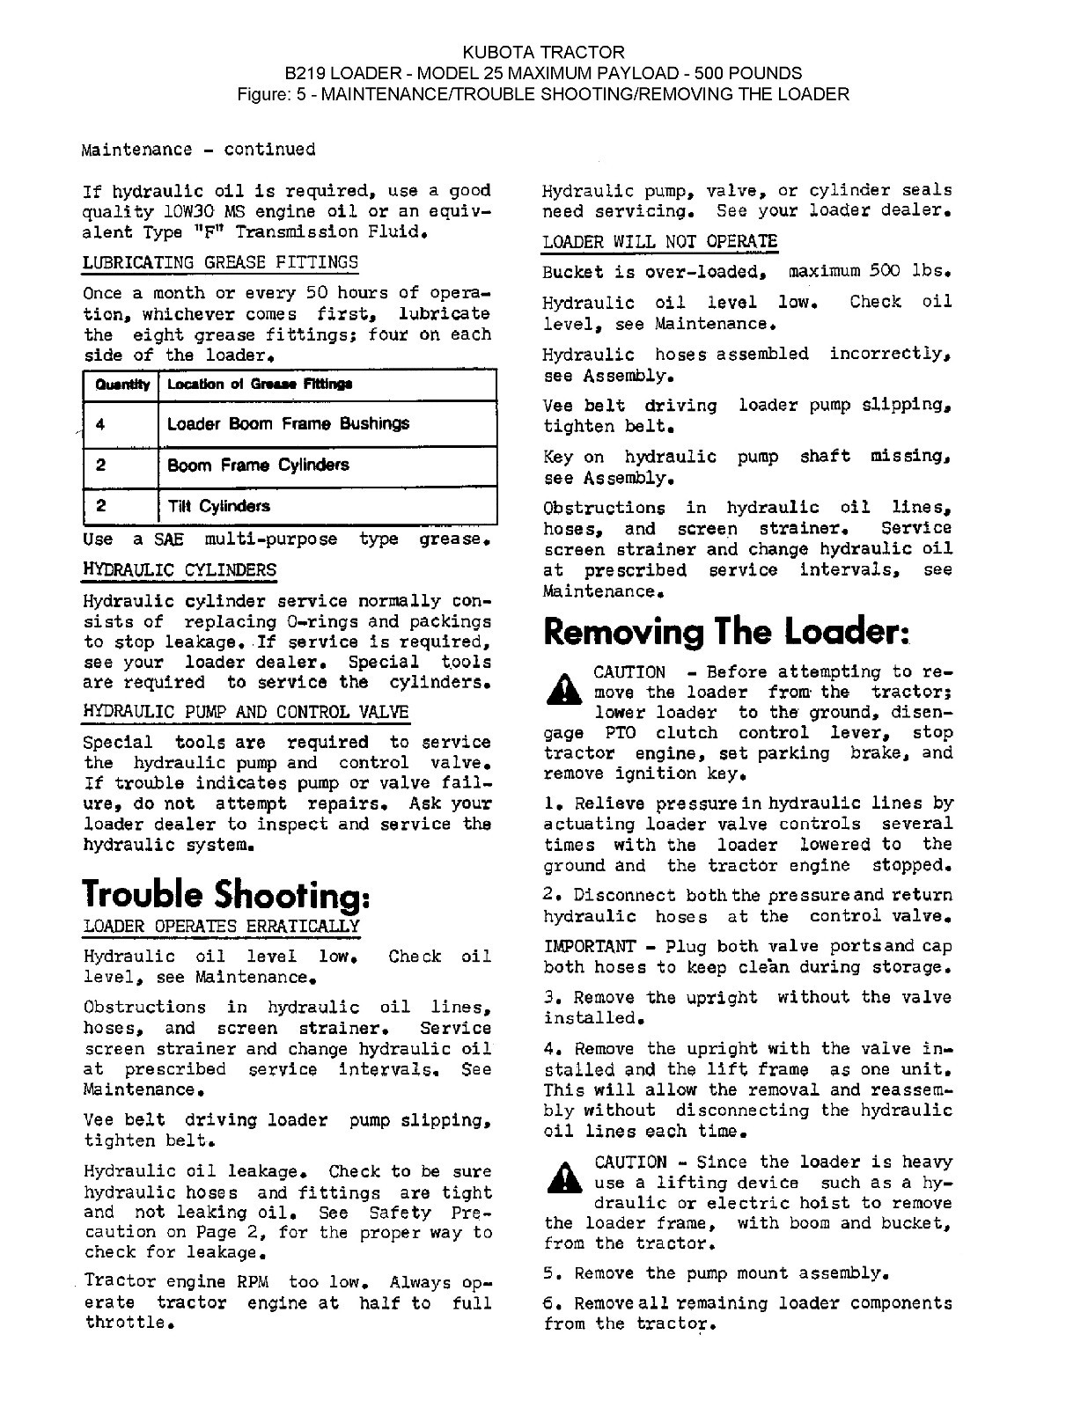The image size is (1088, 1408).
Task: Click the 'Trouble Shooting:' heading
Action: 226,894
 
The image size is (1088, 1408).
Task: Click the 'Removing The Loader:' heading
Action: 726,631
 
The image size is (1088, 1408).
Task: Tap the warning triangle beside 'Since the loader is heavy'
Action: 559,1180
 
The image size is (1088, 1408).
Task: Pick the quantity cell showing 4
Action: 100,424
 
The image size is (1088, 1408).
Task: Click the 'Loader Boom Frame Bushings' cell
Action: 288,424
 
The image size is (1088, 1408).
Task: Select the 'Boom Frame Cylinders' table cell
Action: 258,465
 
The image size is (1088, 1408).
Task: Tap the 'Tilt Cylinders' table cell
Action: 218,506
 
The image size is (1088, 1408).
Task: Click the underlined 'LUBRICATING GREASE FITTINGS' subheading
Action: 220,262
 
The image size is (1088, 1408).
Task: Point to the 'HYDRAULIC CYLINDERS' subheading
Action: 180,569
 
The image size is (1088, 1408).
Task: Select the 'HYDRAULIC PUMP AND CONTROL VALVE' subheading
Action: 246,711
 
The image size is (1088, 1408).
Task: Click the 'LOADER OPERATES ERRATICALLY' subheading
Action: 222,926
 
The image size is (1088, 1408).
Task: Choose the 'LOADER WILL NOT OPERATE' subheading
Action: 660,241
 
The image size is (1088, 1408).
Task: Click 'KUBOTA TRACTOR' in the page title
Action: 543,53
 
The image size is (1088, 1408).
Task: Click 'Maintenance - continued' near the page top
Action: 198,150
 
